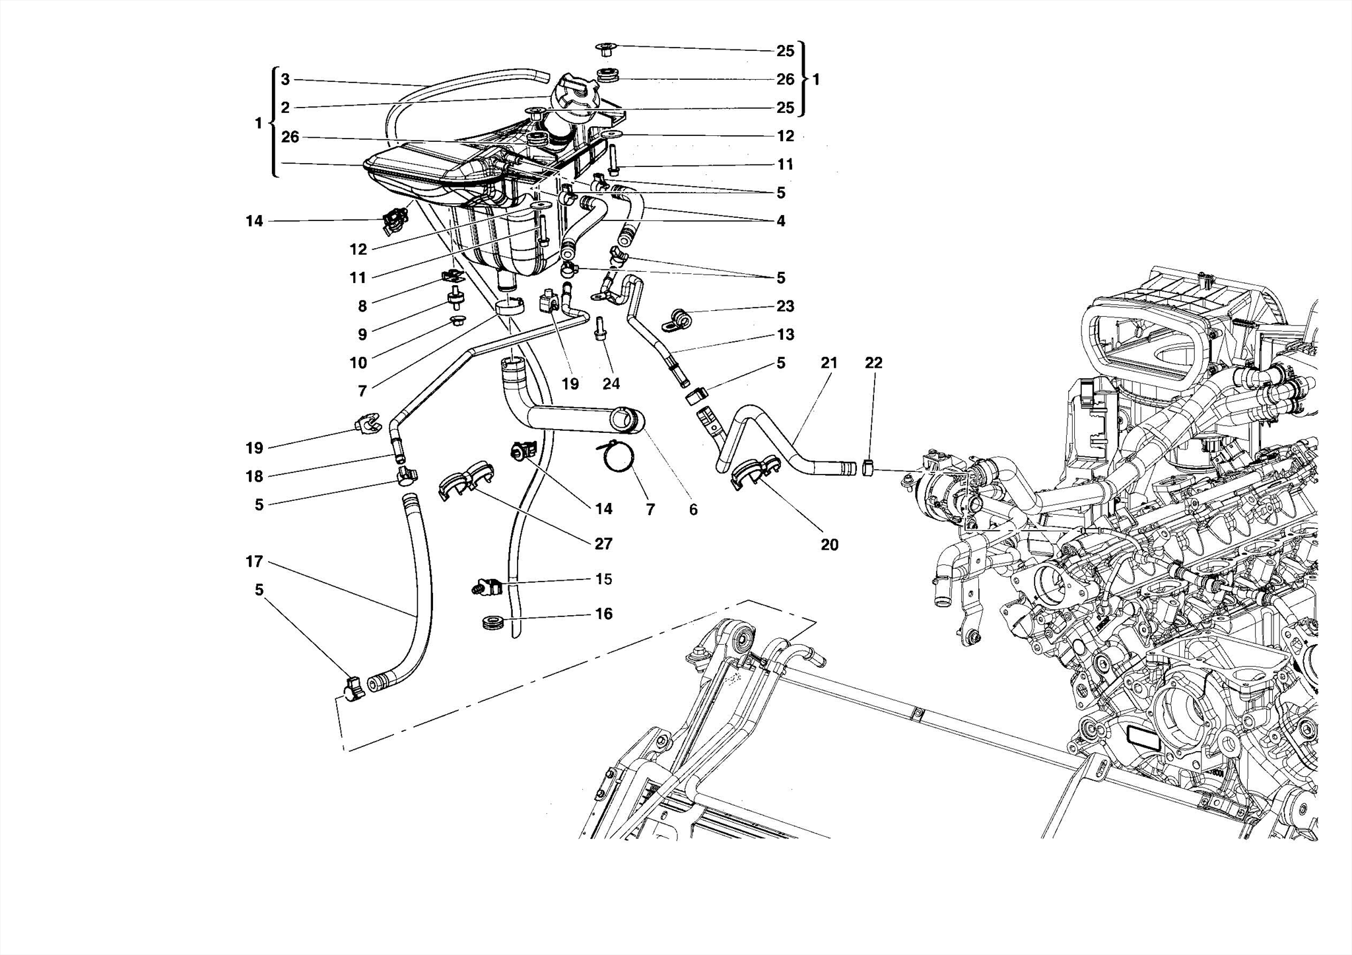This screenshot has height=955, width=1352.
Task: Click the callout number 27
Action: pos(603,544)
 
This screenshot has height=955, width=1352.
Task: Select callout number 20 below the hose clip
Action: pos(829,544)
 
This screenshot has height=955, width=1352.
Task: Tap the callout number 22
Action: pos(873,362)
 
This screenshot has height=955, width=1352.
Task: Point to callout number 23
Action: pos(785,306)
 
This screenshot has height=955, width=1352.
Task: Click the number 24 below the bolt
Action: pos(611,383)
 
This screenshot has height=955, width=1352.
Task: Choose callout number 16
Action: pos(604,614)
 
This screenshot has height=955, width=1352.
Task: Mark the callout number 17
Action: pos(254,562)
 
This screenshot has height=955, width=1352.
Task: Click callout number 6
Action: pos(693,509)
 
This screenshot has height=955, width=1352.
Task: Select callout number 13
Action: pos(785,335)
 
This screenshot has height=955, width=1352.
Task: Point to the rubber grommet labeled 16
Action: pos(492,622)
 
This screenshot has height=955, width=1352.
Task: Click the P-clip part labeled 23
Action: pos(677,320)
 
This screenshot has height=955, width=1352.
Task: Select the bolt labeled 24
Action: pos(600,329)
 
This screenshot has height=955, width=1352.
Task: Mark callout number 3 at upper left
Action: pos(285,80)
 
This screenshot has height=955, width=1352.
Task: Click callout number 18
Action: pos(254,477)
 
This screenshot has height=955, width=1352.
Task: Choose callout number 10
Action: pos(358,363)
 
